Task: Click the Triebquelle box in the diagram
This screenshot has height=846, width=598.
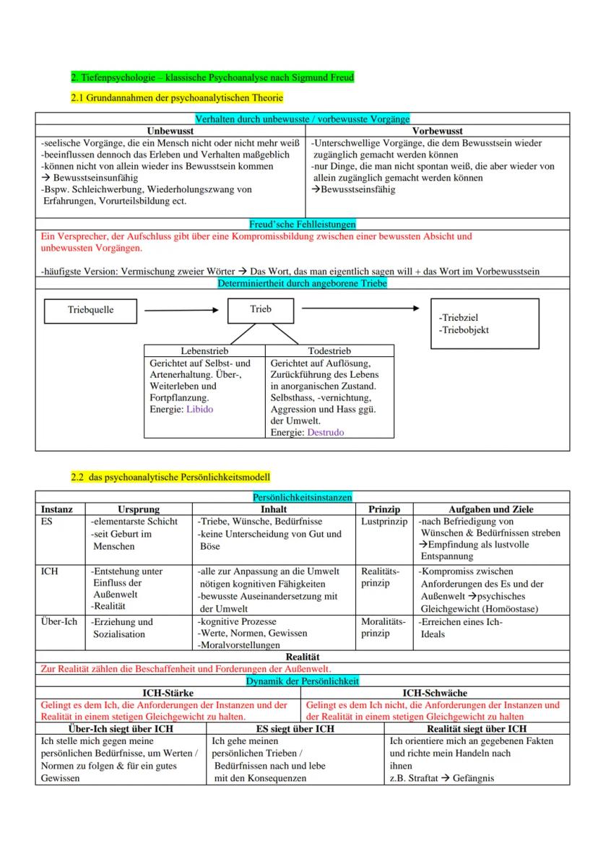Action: [91, 310]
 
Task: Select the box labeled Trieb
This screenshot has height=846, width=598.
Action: [261, 309]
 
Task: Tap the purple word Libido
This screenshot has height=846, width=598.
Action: [200, 409]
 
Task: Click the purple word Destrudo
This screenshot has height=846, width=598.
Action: [326, 432]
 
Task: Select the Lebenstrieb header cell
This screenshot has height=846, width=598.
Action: [205, 350]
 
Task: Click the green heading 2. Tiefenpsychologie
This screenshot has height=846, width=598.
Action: [212, 77]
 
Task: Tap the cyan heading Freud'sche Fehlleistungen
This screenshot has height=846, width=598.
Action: [302, 224]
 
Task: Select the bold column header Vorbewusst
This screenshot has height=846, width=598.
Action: [437, 131]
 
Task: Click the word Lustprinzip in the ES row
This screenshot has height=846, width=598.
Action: [383, 521]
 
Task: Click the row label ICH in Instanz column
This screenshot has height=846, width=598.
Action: [50, 571]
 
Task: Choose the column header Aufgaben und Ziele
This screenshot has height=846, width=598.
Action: [491, 509]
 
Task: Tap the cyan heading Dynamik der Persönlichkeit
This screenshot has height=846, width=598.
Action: [302, 681]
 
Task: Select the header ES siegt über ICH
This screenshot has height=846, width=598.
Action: [295, 728]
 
